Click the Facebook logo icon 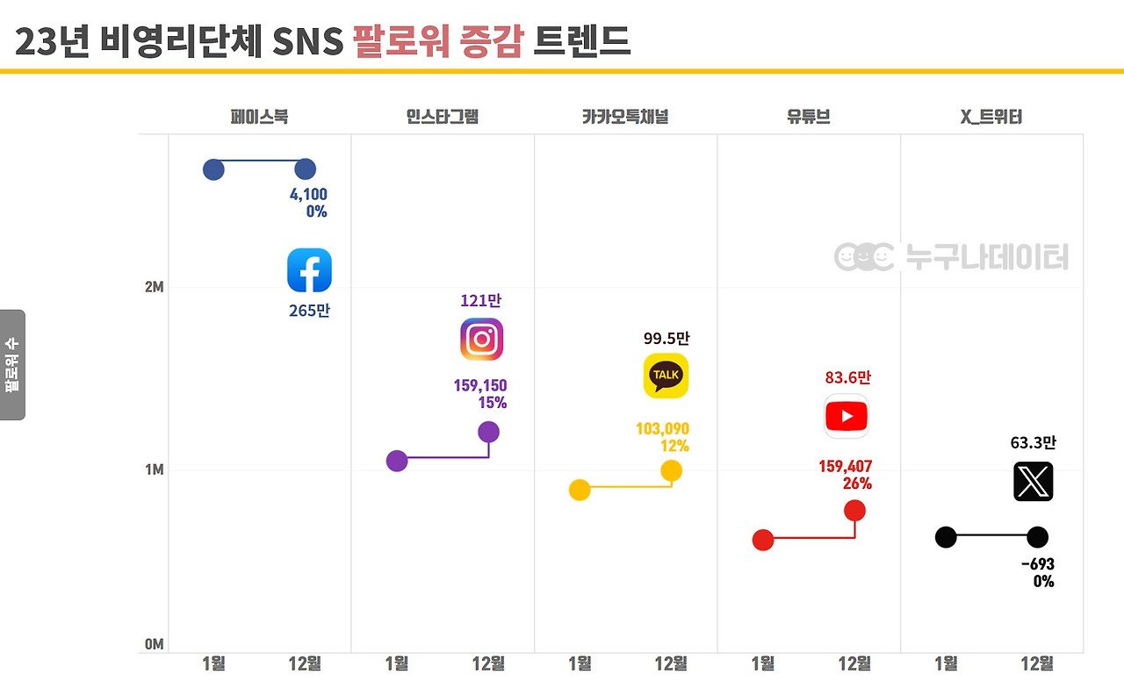coord(309,270)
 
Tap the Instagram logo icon coord(481,340)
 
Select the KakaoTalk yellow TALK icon coord(666,376)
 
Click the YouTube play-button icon coord(847,416)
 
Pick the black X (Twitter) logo coord(1033,482)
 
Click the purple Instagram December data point coord(488,432)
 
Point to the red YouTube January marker coord(763,540)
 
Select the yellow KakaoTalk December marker coord(671,470)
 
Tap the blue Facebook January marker coord(213,169)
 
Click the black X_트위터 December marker coord(1037,537)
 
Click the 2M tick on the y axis coord(154,287)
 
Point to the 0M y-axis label coord(154,644)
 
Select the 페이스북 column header coord(259,116)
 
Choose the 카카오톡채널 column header coord(624,116)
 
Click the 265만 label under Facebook coord(309,311)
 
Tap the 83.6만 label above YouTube coord(847,377)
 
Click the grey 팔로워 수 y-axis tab coord(12,364)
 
